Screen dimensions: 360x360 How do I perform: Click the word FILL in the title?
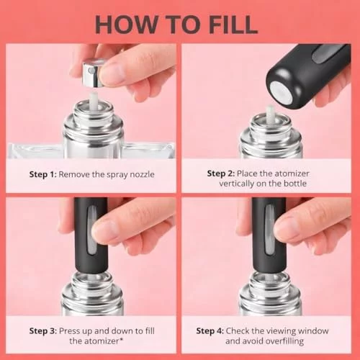233,24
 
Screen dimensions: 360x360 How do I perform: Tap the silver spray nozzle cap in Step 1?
92,73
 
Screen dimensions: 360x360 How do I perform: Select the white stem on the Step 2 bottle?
270,114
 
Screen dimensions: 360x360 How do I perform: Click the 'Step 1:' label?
43,174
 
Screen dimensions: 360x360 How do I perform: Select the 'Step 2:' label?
221,174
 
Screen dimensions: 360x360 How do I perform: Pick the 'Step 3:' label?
43,331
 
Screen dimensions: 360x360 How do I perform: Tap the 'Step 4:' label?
210,331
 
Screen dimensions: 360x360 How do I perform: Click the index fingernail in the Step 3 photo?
104,228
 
